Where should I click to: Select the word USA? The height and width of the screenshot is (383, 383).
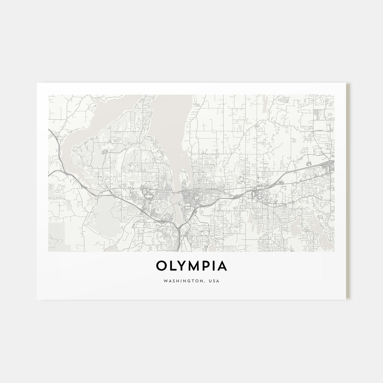pyautogui.click(x=214, y=281)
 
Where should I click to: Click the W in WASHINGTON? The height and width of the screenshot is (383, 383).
pyautogui.click(x=165, y=281)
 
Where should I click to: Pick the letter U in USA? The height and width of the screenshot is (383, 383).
pyautogui.click(x=211, y=281)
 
